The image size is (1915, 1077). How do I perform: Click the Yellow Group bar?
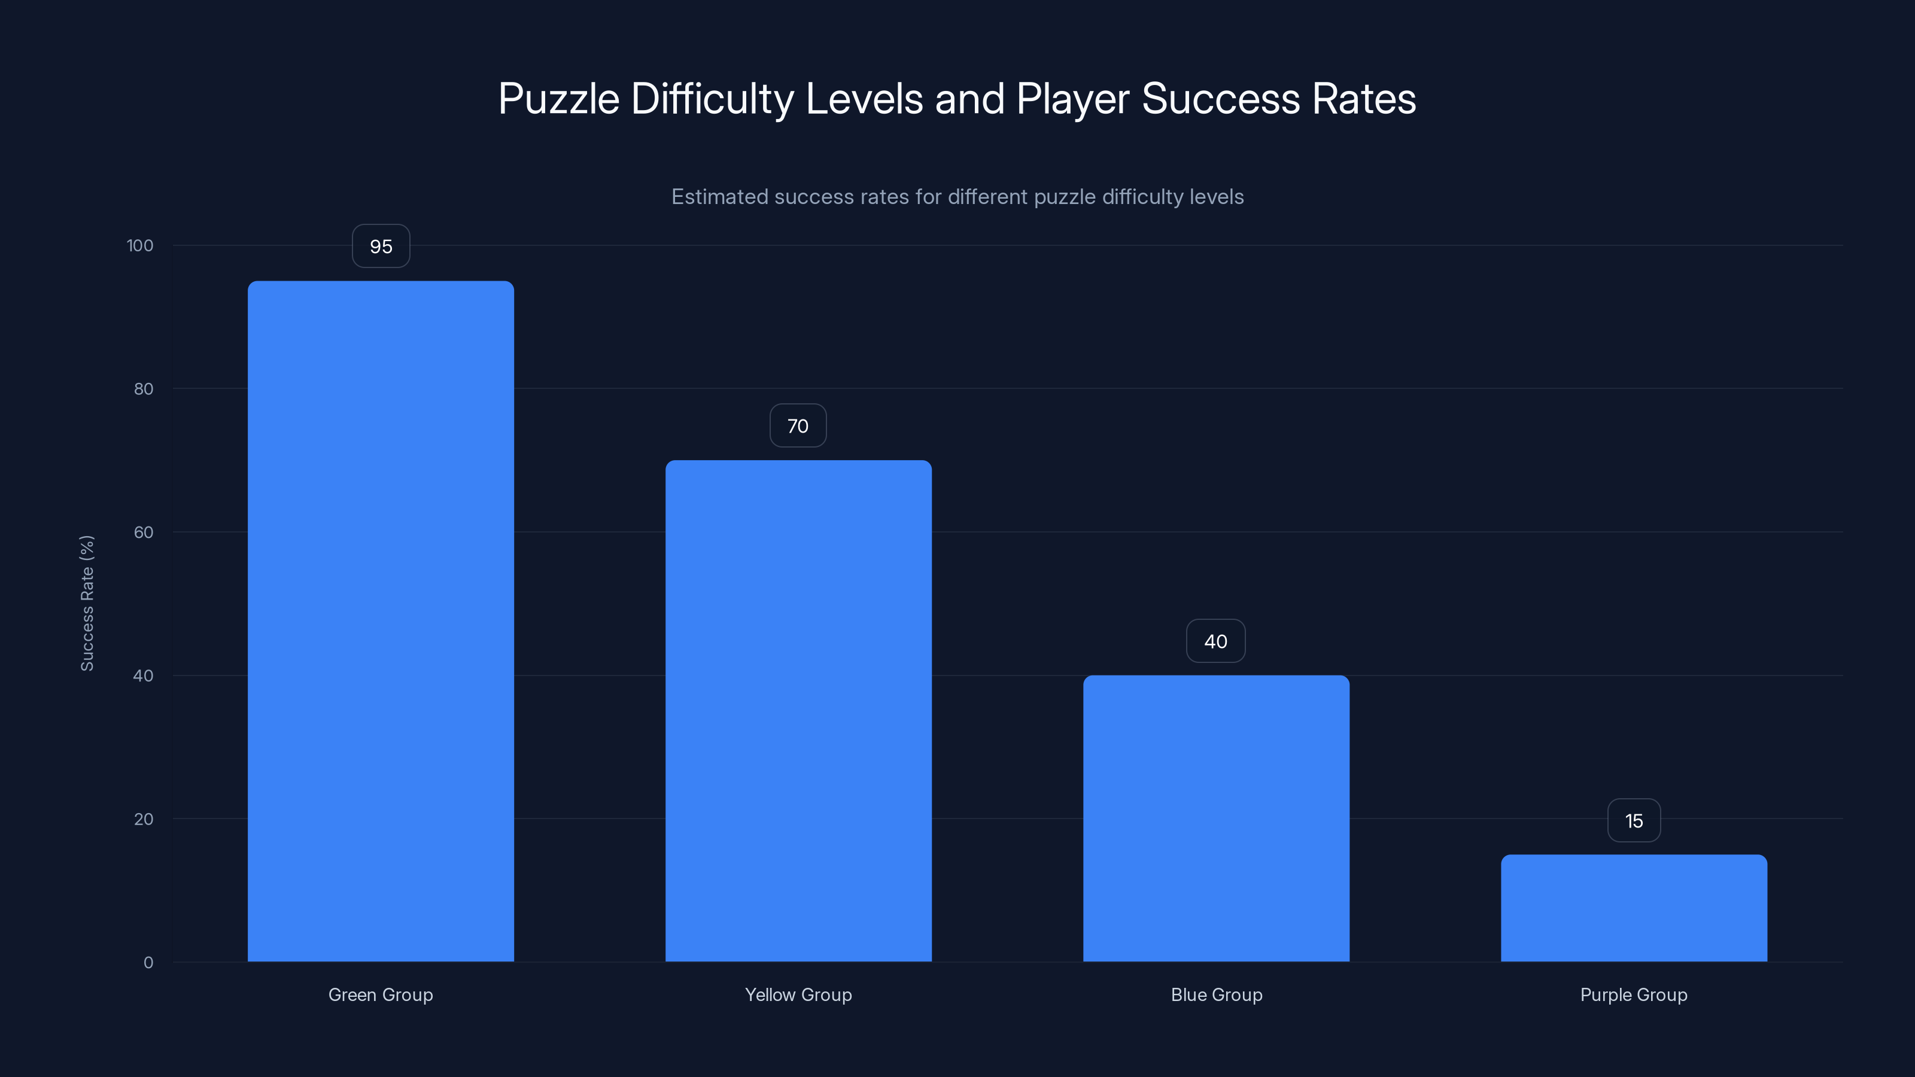coord(798,711)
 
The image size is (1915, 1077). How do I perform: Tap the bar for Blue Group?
coord(1216,819)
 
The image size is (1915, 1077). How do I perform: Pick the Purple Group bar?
coord(1634,908)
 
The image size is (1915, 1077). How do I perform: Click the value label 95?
coord(381,246)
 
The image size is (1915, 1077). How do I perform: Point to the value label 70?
coord(798,426)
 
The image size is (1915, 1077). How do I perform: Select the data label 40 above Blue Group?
coord(1215,641)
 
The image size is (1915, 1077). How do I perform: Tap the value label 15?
coord(1634,820)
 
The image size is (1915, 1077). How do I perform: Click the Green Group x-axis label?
coord(381,994)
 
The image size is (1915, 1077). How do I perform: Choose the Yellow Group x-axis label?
coord(798,994)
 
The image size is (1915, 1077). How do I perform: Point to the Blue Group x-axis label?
coord(1216,994)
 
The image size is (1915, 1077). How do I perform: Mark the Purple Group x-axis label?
coord(1634,994)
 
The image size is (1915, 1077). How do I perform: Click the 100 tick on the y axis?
coord(140,245)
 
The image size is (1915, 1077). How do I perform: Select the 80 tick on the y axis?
coord(144,389)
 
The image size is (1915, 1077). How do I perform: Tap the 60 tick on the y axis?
coord(144,532)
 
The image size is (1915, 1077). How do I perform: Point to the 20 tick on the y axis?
coord(144,819)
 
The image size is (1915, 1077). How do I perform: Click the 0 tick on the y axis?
coord(148,963)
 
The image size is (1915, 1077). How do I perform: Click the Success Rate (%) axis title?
coord(87,603)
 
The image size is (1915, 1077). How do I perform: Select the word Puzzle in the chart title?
coord(558,99)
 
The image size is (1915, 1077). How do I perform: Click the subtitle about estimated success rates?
coord(957,197)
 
